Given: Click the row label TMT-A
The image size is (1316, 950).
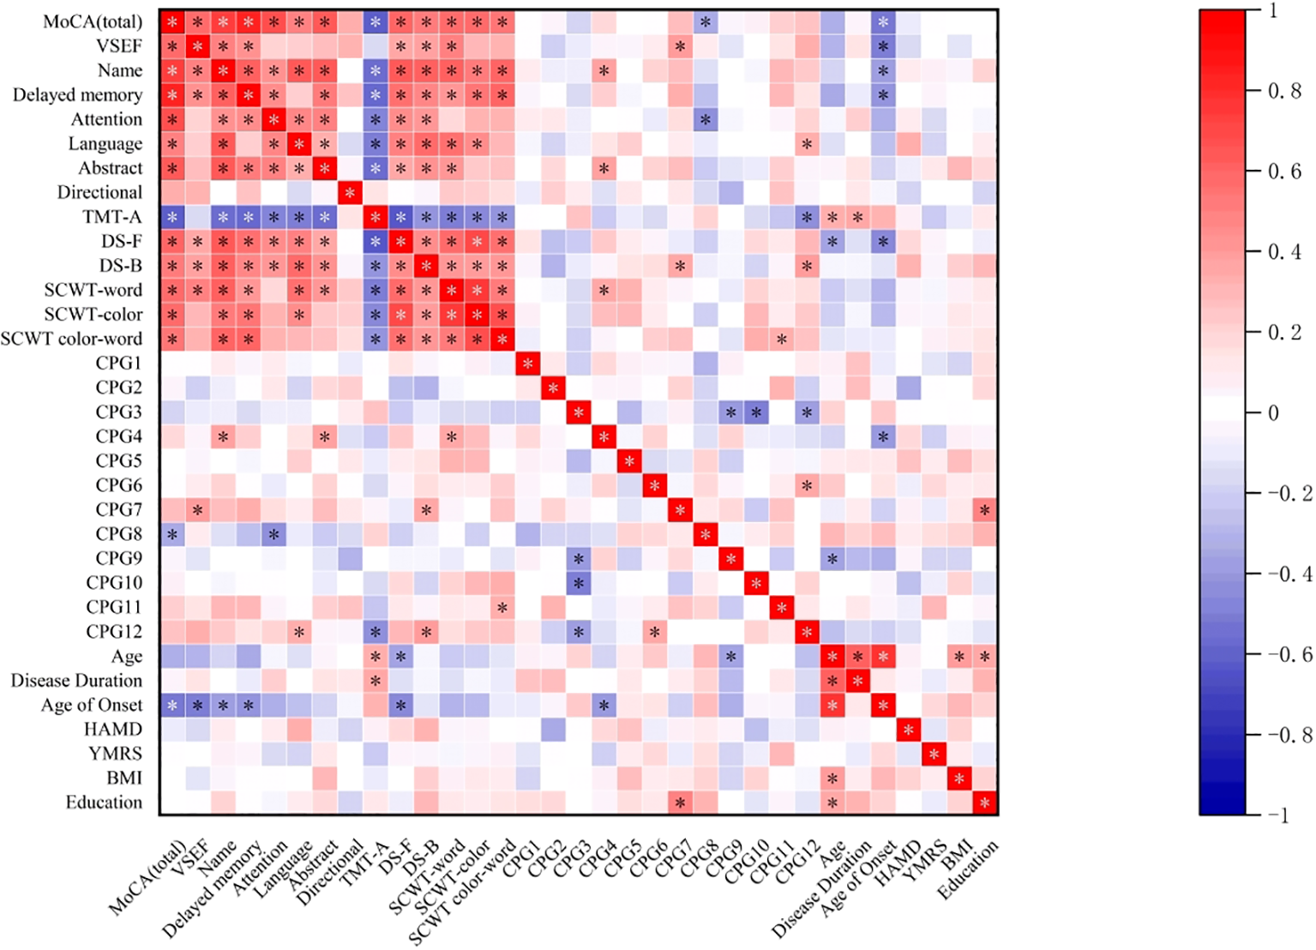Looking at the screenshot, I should pyautogui.click(x=112, y=217).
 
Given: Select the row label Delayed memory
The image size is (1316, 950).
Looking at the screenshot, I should pyautogui.click(x=77, y=95).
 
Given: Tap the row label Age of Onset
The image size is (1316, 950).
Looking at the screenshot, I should pyautogui.click(x=92, y=705).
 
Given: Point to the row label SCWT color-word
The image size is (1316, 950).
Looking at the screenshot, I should pyautogui.click(x=71, y=339).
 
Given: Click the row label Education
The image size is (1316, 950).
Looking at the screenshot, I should pyautogui.click(x=104, y=803).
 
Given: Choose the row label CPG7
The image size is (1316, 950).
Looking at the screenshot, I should pyautogui.click(x=118, y=509).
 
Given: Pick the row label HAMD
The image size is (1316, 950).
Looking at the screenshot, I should pyautogui.click(x=112, y=730).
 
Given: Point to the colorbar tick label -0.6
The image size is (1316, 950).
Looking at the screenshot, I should pyautogui.click(x=1289, y=654).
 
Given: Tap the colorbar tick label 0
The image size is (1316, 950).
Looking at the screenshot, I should pyautogui.click(x=1273, y=412).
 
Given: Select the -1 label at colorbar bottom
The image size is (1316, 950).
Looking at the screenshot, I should pyautogui.click(x=1278, y=815).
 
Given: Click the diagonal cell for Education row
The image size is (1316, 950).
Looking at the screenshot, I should pyautogui.click(x=985, y=803).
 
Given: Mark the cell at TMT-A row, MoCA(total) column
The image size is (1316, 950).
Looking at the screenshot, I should pyautogui.click(x=172, y=217).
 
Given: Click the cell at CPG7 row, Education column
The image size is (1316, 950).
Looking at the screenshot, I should pyautogui.click(x=985, y=510).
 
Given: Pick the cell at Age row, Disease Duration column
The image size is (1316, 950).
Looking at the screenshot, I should pyautogui.click(x=858, y=657).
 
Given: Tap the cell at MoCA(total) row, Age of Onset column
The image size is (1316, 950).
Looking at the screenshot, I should pyautogui.click(x=883, y=22).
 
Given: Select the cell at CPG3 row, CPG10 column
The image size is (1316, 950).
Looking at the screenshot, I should pyautogui.click(x=756, y=412).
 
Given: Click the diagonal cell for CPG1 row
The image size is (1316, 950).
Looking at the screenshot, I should pyautogui.click(x=527, y=364).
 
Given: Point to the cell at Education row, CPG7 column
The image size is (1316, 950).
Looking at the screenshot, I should pyautogui.click(x=680, y=803).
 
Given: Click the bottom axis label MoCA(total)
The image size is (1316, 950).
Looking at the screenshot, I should pyautogui.click(x=147, y=879).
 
